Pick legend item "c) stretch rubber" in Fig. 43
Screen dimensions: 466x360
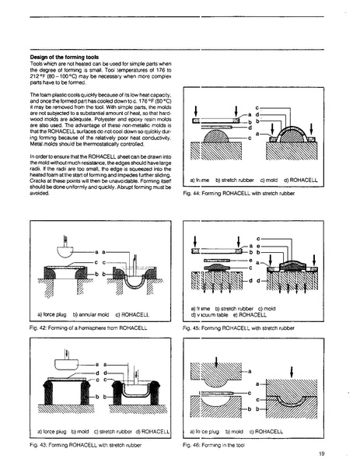tap(113, 430)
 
